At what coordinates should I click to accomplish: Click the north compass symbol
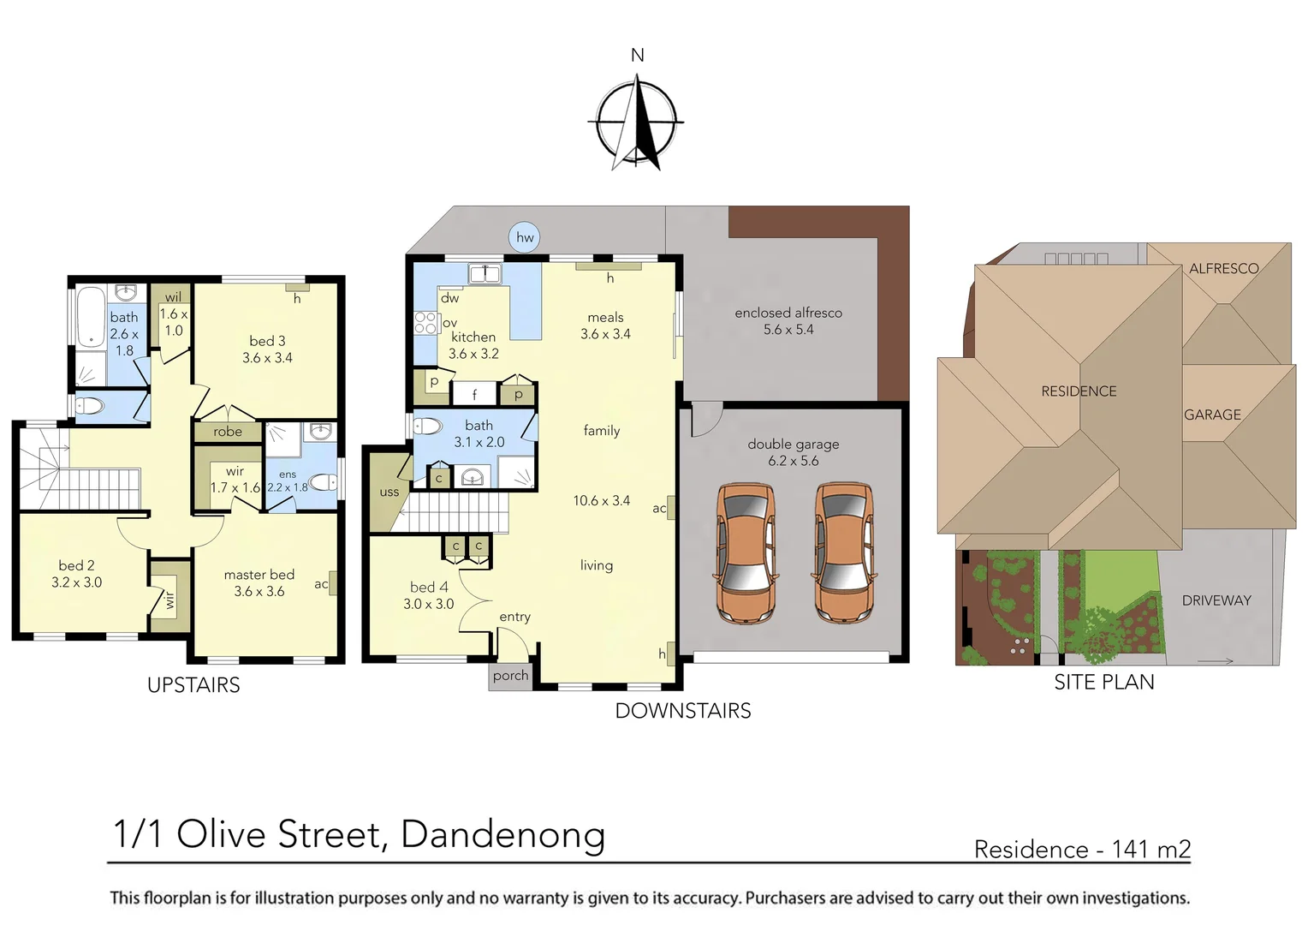[x=637, y=122]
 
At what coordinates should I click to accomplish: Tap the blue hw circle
[x=524, y=237]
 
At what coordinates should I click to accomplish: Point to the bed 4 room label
[x=428, y=588]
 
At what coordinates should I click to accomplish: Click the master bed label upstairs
[x=259, y=575]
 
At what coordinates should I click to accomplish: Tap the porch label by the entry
[x=510, y=676]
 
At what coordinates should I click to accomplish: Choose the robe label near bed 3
[x=228, y=432]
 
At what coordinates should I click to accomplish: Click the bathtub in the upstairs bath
[x=91, y=316]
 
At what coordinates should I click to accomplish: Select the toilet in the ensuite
[x=323, y=482]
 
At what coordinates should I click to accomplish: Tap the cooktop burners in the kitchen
[x=425, y=323]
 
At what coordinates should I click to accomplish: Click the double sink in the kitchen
[x=485, y=274]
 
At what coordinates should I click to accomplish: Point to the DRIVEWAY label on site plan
[x=1216, y=600]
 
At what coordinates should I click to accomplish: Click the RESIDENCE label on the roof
[x=1079, y=391]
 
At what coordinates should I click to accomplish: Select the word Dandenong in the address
[x=502, y=834]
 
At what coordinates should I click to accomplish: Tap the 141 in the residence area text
[x=1130, y=849]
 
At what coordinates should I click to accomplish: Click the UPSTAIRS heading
[x=193, y=685]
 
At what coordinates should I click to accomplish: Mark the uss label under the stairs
[x=389, y=492]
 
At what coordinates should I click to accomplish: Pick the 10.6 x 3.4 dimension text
[x=601, y=501]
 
